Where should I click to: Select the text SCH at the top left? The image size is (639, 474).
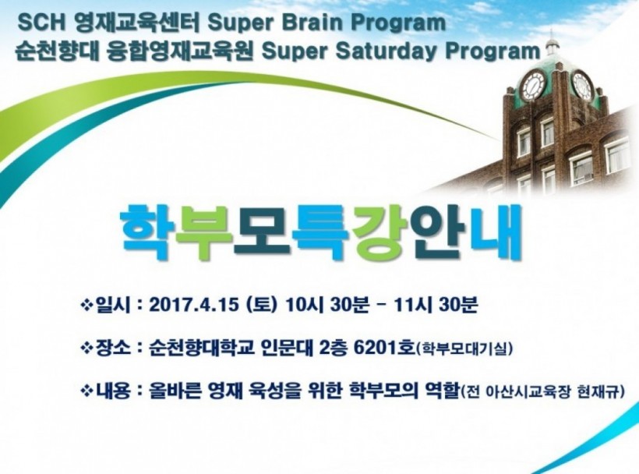(x=41, y=23)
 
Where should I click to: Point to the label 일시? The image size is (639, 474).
(x=112, y=306)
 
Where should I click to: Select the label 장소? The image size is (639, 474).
(x=112, y=348)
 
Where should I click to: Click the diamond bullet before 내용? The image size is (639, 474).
(x=86, y=391)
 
